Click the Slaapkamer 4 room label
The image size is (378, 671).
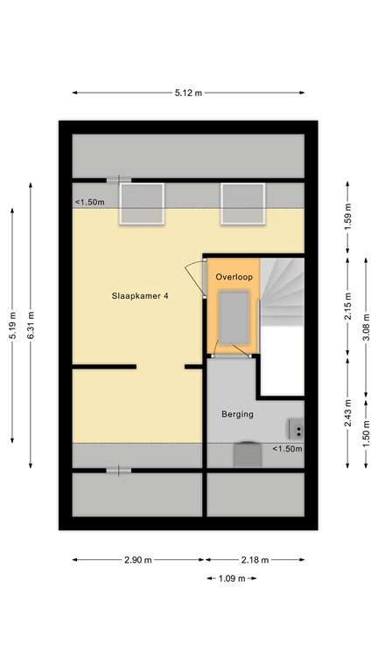coord(140,296)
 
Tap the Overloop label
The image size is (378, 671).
coord(234,277)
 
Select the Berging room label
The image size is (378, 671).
coord(237,415)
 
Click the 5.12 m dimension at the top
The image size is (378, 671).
coord(189,92)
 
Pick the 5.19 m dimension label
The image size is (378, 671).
coord(12,325)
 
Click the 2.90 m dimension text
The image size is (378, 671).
coord(138,559)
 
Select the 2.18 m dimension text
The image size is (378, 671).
coord(255,559)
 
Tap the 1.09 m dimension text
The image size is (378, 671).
coord(232,578)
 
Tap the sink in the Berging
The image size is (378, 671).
coord(297,429)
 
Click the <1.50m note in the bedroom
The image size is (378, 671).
coord(89,203)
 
